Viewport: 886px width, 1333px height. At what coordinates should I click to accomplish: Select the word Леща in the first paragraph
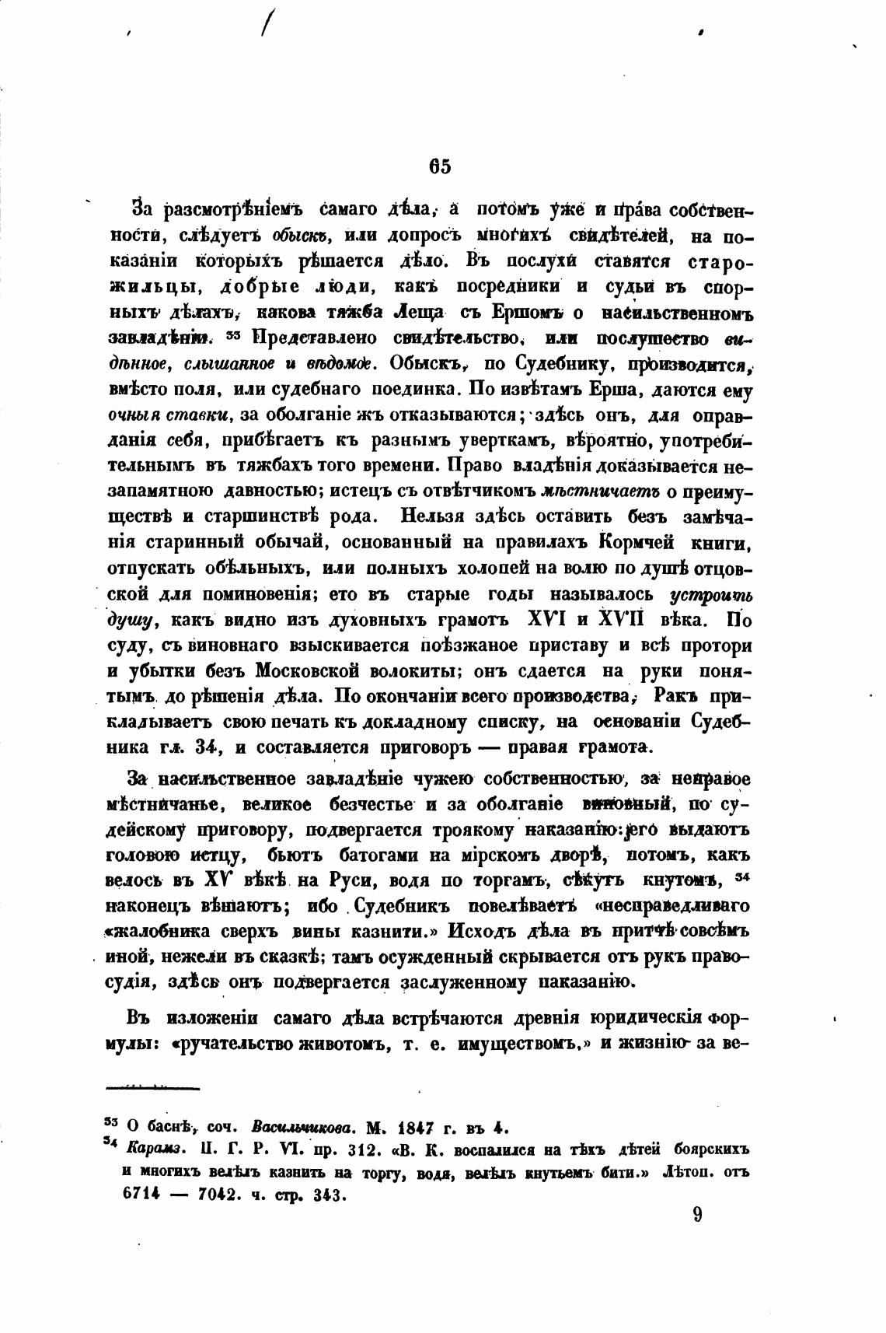[420, 312]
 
